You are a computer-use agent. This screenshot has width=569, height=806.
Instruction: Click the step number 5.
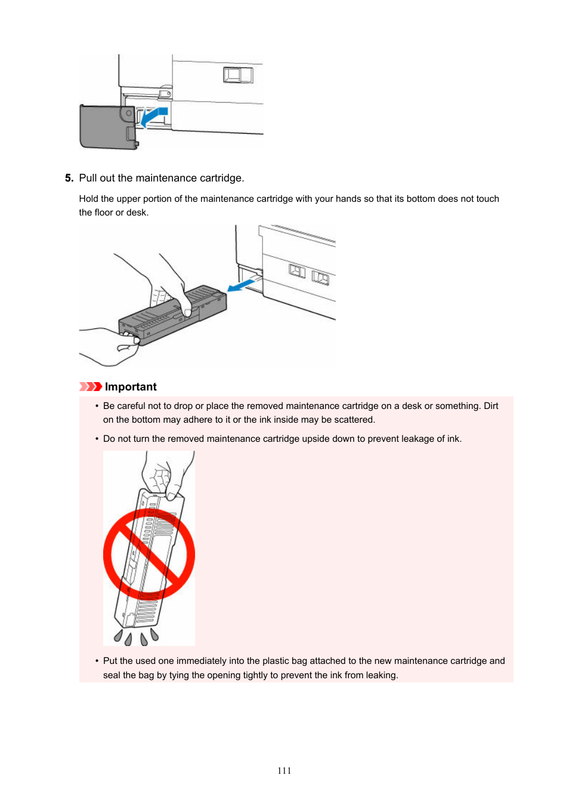tap(69, 178)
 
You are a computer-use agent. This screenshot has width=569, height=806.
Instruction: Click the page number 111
tap(284, 770)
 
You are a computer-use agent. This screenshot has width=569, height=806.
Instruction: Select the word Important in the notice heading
tap(131, 387)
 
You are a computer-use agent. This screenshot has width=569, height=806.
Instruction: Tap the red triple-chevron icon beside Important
tap(91, 387)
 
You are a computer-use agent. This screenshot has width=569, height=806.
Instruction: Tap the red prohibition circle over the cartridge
tap(149, 555)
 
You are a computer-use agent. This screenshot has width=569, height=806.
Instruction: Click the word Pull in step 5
tap(88, 178)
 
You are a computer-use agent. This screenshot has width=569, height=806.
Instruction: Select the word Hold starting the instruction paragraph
tap(88, 199)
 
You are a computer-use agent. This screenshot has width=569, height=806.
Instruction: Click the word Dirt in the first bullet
tap(491, 406)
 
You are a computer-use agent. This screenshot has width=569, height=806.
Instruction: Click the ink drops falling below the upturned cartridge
tap(136, 637)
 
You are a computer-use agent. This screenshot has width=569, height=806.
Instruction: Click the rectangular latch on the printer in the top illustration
tap(238, 75)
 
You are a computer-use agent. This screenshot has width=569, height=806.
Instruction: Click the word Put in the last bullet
tap(110, 661)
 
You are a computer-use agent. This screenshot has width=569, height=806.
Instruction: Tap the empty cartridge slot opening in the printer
tap(250, 280)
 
